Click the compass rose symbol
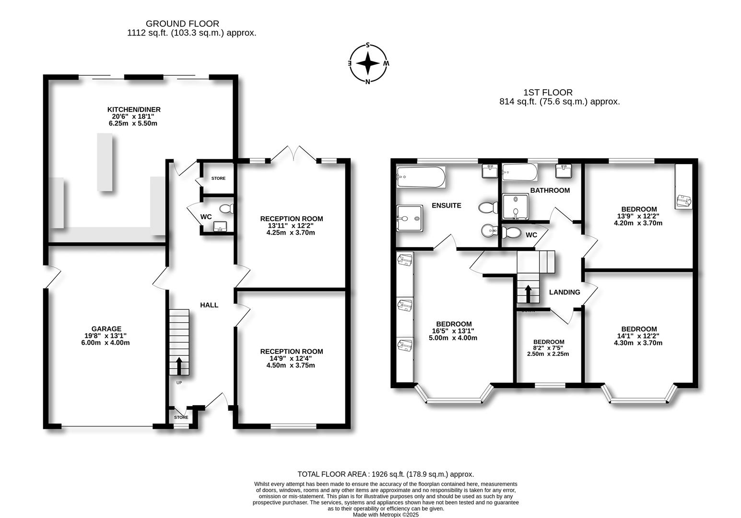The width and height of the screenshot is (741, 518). click(x=368, y=63)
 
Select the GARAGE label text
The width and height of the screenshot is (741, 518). click(x=107, y=329)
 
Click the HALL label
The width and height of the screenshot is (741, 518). click(x=209, y=305)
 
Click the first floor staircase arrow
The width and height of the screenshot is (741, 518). click(x=528, y=294)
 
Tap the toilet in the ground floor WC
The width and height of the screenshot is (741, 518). click(x=226, y=209)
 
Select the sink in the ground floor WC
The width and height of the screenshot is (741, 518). click(x=221, y=226)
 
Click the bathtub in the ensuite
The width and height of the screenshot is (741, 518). click(x=421, y=177)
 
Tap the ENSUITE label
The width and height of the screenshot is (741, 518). click(x=446, y=205)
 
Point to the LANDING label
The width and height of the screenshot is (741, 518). click(x=564, y=292)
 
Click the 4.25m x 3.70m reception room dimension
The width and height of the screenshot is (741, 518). click(x=291, y=233)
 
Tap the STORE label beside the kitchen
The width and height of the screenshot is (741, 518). click(x=218, y=178)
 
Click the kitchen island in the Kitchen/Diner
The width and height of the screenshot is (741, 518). click(x=106, y=162)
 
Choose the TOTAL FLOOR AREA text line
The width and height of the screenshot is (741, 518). click(x=386, y=474)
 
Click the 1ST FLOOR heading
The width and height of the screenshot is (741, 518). click(x=547, y=93)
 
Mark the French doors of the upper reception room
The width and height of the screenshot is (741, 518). click(x=294, y=153)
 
